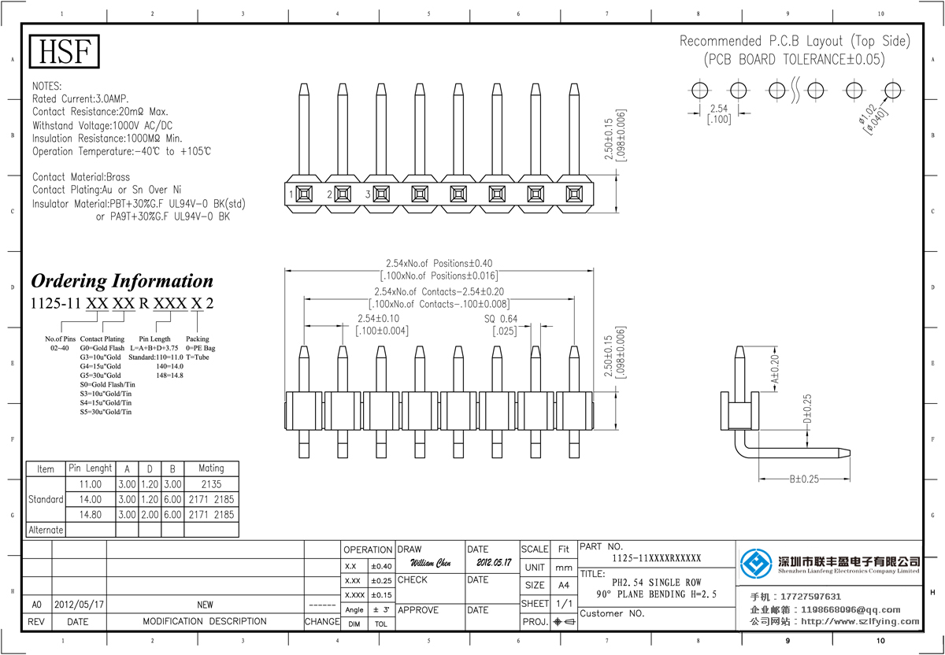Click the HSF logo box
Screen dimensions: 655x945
65,52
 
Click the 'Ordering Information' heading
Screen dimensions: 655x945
122,281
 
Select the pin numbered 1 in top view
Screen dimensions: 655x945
303,193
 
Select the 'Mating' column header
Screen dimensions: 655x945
210,468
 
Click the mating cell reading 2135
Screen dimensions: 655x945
210,484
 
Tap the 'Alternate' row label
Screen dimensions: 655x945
46,530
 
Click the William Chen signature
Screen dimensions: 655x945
430,564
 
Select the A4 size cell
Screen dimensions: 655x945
563,586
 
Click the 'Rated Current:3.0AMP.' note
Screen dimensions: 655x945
80,98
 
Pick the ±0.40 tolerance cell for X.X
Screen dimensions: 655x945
380,566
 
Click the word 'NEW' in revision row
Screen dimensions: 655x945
205,605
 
